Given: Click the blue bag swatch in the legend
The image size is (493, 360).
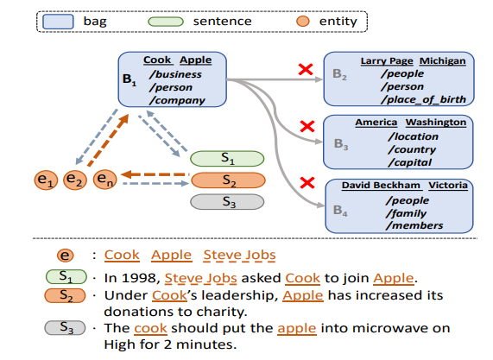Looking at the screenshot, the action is pyautogui.click(x=58, y=22).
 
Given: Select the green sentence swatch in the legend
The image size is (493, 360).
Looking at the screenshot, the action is pyautogui.click(x=166, y=22).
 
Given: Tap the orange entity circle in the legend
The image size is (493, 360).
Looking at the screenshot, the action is pyautogui.click(x=303, y=22).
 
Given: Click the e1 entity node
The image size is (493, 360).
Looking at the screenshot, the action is pyautogui.click(x=46, y=180).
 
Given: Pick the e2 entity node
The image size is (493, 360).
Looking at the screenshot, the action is pyautogui.click(x=75, y=180).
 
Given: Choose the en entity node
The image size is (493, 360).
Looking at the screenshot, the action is pyautogui.click(x=105, y=180).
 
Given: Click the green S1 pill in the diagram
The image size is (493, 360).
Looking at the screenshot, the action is pyautogui.click(x=227, y=159).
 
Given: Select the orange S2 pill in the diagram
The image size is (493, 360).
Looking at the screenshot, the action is pyautogui.click(x=228, y=180).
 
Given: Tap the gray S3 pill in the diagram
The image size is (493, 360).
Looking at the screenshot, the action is pyautogui.click(x=227, y=202).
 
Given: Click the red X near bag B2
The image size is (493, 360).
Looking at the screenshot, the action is pyautogui.click(x=306, y=69).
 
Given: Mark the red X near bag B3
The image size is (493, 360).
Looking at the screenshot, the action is pyautogui.click(x=307, y=126).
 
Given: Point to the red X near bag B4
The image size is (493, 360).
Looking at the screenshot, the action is pyautogui.click(x=307, y=183).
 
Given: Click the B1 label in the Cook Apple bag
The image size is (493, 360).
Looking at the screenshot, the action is pyautogui.click(x=130, y=79).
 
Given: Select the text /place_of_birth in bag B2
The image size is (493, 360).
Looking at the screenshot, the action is pyautogui.click(x=423, y=99).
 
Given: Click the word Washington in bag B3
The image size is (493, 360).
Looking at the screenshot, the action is pyautogui.click(x=436, y=122).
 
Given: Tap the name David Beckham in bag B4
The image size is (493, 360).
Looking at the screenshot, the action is pyautogui.click(x=381, y=186).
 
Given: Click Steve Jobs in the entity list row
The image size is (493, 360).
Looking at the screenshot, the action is pyautogui.click(x=239, y=255).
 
